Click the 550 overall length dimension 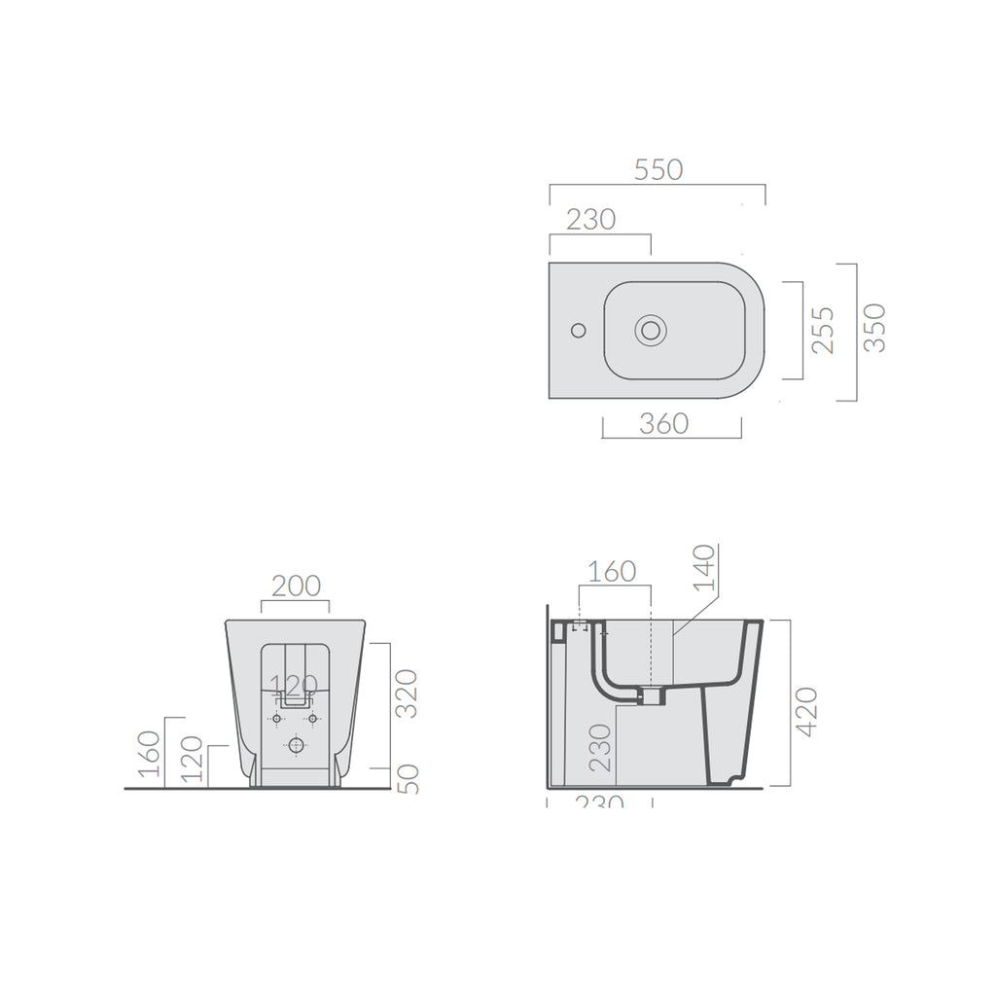[658, 169]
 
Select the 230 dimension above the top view [590, 220]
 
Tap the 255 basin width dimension [823, 330]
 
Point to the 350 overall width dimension [874, 328]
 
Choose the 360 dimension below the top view [664, 424]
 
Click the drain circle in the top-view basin [651, 331]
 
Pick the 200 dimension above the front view [296, 586]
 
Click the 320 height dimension [409, 693]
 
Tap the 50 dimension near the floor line [409, 777]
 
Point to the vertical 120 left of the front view [193, 760]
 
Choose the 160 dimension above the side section [613, 572]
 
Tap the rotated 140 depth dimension [705, 569]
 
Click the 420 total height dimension [806, 711]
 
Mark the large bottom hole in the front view [296, 745]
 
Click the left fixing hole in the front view [276, 719]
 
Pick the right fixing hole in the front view [313, 719]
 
